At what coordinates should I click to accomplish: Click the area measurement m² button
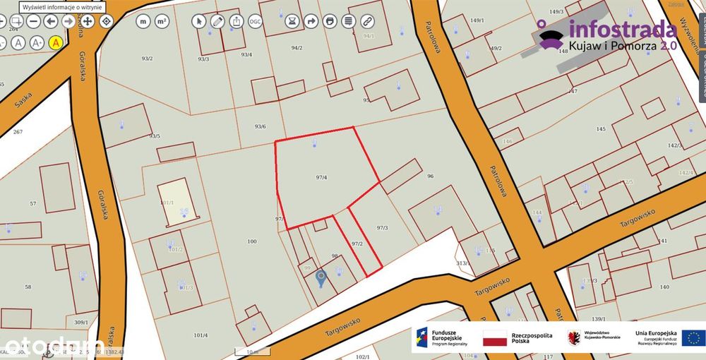pos(162,21)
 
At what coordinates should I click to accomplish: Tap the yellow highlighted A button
pos(56,42)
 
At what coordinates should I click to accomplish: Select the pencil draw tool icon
pos(217,21)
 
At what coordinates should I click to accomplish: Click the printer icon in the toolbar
pos(329,21)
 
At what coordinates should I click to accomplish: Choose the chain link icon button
pos(366,21)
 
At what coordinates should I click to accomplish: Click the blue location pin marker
pos(321,278)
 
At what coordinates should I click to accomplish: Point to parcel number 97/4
pos(321,177)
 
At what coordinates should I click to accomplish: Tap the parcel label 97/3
pos(383,227)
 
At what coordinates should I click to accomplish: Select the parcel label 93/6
pos(260,126)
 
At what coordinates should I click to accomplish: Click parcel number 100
pos(252,242)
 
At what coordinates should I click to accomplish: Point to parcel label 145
pos(601,129)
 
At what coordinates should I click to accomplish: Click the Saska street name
pos(23,99)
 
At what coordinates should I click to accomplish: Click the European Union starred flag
pos(692,337)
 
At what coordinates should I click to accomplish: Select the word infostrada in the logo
pos(613,30)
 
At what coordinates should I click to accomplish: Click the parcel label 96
pos(430,175)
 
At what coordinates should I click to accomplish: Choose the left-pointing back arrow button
pos(51,21)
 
